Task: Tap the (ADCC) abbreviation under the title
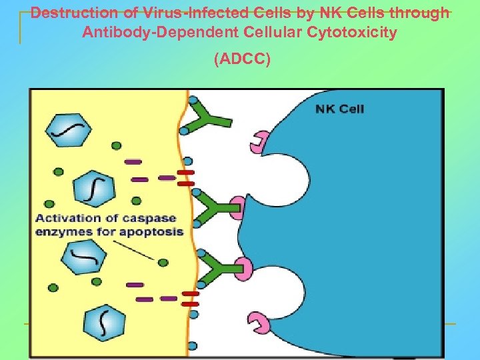pyautogui.click(x=242, y=60)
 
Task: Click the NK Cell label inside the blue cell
pyautogui.click(x=340, y=109)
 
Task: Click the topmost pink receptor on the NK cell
pyautogui.click(x=258, y=142)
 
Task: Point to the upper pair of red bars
pyautogui.click(x=186, y=177)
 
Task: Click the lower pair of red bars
pyautogui.click(x=191, y=298)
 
